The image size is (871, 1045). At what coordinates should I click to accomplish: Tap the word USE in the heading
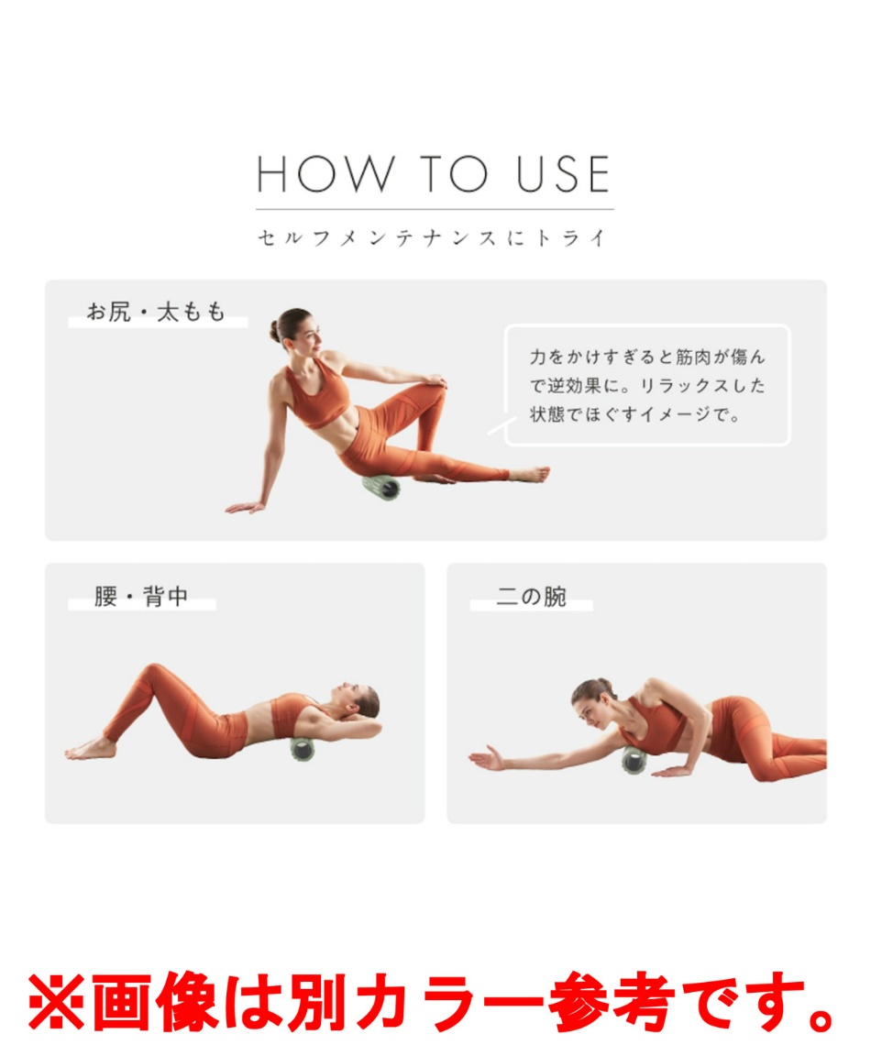point(563,174)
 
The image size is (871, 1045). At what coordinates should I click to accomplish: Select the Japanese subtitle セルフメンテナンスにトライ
point(433,238)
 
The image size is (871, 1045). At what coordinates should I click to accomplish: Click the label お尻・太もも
point(157,312)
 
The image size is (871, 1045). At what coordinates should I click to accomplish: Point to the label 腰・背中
point(141,596)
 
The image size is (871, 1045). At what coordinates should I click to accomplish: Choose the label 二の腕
point(531,596)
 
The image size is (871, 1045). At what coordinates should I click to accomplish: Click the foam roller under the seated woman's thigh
point(381,487)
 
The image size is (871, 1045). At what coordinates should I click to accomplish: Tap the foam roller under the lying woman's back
point(303,747)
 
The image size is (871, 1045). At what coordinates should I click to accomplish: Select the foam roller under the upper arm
point(634,760)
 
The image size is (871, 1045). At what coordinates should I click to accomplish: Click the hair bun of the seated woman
point(274,330)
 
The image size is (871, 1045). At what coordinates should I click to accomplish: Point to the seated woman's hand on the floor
point(245,507)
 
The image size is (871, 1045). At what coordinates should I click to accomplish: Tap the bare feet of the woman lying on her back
point(90,749)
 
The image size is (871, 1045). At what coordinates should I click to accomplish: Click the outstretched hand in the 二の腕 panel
point(487,758)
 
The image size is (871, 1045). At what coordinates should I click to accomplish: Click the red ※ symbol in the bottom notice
point(56,1002)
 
